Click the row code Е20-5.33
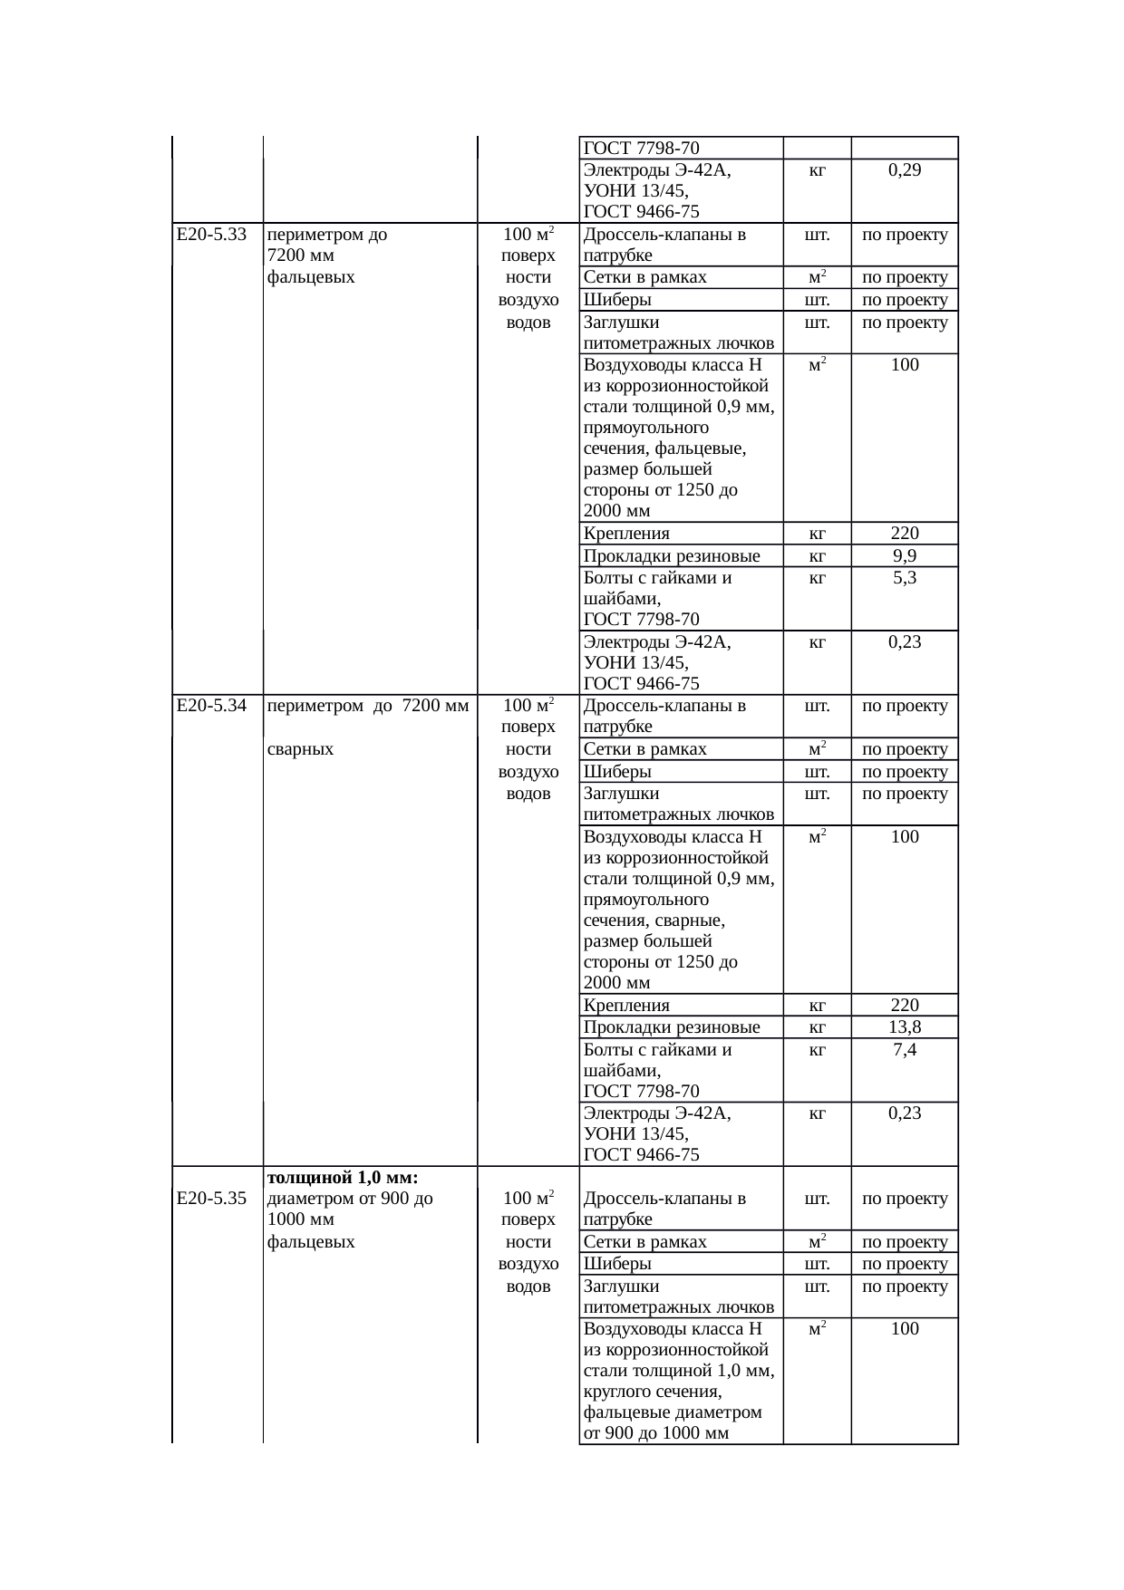[x=212, y=235]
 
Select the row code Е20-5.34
[x=212, y=706]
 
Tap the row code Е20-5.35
[x=212, y=1199]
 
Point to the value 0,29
[x=905, y=169]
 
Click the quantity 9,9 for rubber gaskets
[x=905, y=555]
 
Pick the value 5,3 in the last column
[x=905, y=577]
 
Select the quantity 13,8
[x=905, y=1026]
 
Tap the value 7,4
[x=905, y=1049]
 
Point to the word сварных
[x=301, y=749]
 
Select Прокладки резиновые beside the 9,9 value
[x=672, y=555]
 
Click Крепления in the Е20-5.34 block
[x=626, y=1005]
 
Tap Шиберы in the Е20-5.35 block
[x=617, y=1264]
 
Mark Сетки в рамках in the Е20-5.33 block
[x=645, y=277]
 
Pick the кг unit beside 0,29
[x=817, y=170]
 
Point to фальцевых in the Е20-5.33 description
[x=311, y=277]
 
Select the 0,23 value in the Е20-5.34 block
[x=905, y=1113]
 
